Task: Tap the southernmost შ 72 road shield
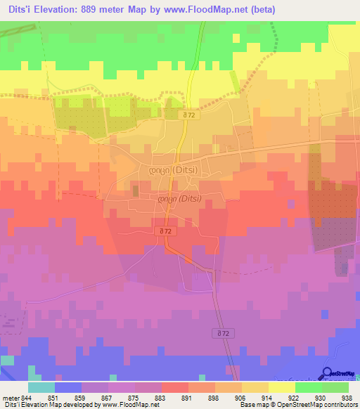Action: click(x=224, y=332)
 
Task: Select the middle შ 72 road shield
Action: click(x=167, y=231)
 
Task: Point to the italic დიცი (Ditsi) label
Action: click(x=179, y=199)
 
